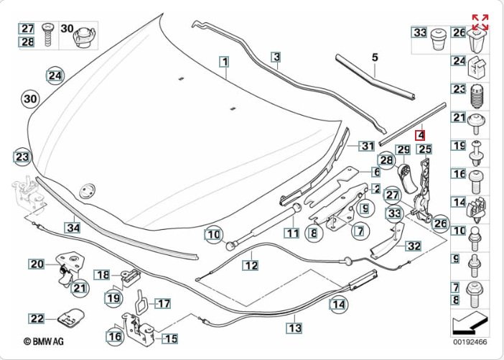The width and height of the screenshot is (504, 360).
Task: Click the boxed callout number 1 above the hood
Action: (x=225, y=63)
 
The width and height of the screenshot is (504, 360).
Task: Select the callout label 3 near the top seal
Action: (x=276, y=56)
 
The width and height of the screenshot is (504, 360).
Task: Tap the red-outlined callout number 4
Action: (x=421, y=133)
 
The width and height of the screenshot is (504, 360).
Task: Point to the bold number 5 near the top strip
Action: (x=374, y=56)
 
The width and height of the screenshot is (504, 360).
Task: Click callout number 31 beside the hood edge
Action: (x=367, y=146)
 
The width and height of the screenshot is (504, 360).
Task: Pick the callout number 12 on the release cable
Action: (x=249, y=264)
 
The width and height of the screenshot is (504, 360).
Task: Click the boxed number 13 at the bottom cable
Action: (x=294, y=328)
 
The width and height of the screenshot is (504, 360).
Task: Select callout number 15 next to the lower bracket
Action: (x=170, y=338)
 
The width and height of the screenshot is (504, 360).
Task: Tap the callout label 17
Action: (x=163, y=303)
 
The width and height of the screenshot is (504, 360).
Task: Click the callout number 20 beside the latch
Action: (x=37, y=264)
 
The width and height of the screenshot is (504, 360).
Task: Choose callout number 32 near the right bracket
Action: (x=414, y=246)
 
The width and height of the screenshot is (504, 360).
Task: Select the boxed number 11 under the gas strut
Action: (x=290, y=233)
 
